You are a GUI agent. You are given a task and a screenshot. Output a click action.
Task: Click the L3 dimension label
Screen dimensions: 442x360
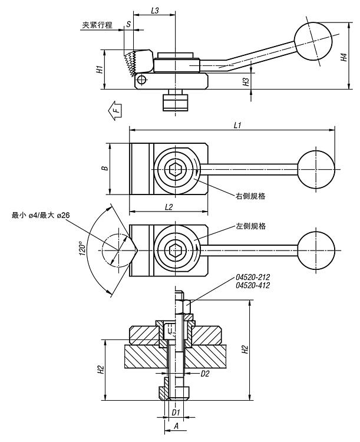click(154, 11)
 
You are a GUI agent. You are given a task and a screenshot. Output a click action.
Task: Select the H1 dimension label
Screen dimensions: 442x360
click(100, 69)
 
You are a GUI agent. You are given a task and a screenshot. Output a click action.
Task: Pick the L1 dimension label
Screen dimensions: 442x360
click(238, 125)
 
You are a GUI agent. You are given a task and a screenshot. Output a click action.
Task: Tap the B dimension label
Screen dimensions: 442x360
click(105, 168)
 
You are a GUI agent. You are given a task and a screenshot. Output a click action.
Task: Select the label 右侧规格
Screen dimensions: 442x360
click(250, 196)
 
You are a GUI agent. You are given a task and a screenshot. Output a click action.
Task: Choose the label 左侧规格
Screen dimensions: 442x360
click(250, 226)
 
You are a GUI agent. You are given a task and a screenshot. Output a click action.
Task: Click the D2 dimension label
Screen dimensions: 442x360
click(205, 374)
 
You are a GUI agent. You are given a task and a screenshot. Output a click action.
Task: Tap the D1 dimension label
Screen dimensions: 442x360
click(175, 412)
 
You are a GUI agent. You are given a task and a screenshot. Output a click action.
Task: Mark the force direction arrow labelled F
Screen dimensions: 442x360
click(116, 110)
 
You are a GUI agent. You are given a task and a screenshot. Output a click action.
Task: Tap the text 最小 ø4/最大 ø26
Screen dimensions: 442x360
click(41, 216)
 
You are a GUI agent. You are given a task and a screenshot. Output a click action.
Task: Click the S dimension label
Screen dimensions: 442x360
click(128, 25)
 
